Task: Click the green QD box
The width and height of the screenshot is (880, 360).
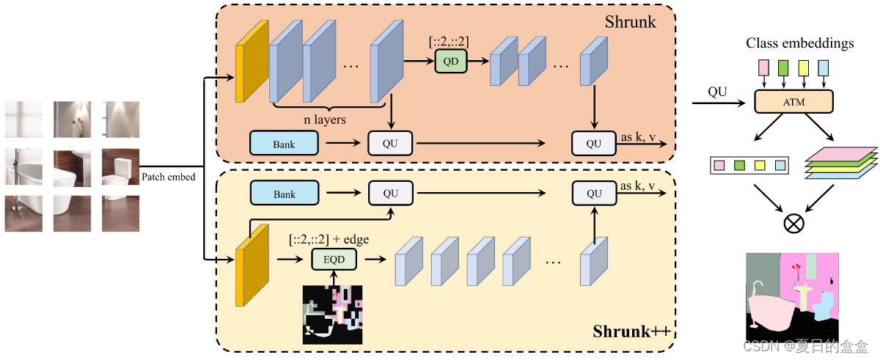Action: (450, 62)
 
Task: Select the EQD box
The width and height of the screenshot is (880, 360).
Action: (333, 259)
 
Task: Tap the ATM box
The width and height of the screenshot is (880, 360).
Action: (793, 102)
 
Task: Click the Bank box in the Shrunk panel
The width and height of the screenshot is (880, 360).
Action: (284, 144)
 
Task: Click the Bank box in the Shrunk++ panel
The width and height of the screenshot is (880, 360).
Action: (284, 194)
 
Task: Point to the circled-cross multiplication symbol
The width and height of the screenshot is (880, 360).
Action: (793, 224)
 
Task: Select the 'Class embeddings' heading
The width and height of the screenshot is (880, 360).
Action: (799, 43)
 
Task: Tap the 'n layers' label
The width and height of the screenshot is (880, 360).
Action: (324, 119)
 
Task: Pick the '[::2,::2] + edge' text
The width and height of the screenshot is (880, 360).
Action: (329, 239)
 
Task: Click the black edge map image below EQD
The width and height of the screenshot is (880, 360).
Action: (333, 314)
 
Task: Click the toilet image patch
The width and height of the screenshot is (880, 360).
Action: (120, 167)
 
